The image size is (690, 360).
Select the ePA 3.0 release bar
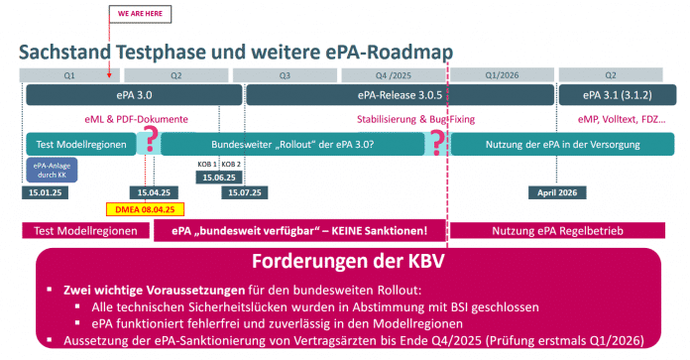pyautogui.click(x=134, y=95)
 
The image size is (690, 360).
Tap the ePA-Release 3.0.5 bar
pyautogui.click(x=395, y=95)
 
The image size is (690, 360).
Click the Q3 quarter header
pyautogui.click(x=285, y=74)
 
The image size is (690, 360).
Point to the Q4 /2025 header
pyautogui.click(x=395, y=74)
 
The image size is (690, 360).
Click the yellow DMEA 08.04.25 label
pyautogui.click(x=140, y=210)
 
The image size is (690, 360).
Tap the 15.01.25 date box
pyautogui.click(x=44, y=192)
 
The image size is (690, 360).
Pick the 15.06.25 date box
pyautogui.click(x=219, y=177)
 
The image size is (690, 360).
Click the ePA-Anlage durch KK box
pyautogui.click(x=48, y=169)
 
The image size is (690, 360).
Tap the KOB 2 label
pyautogui.click(x=231, y=164)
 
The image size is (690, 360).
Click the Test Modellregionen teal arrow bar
pyautogui.click(x=81, y=144)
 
